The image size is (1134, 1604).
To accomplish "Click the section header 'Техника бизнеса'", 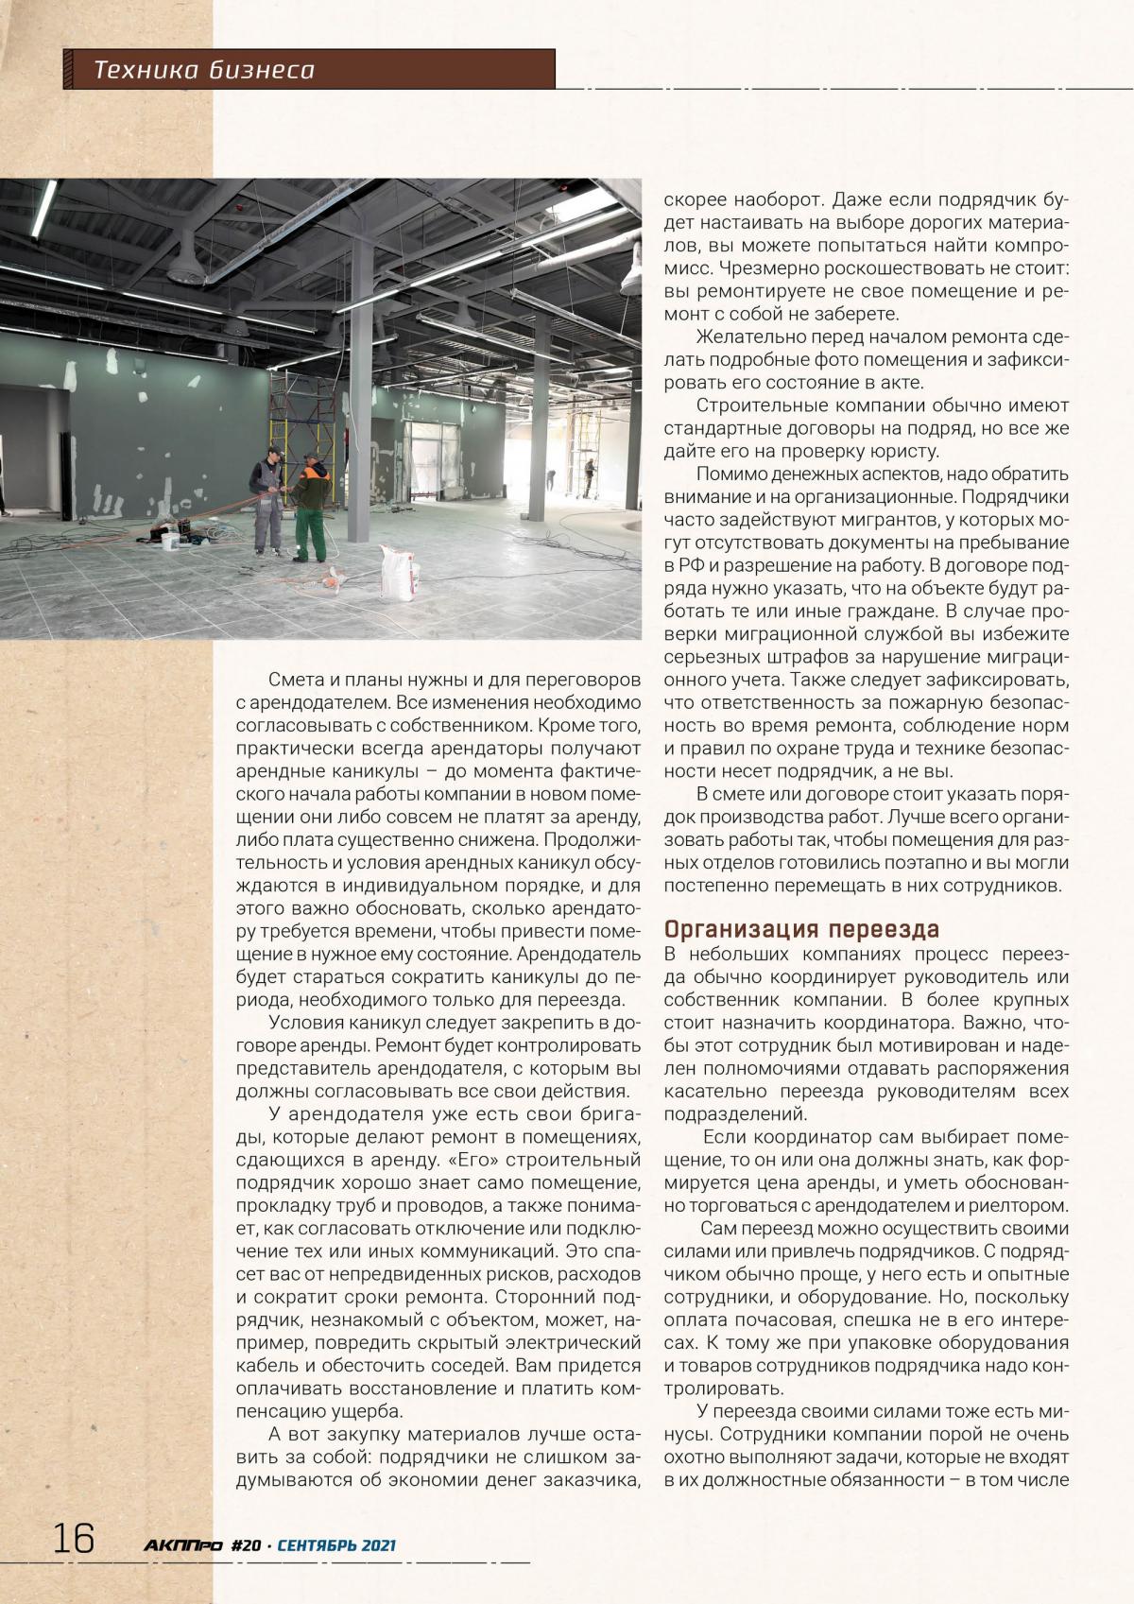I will [x=204, y=70].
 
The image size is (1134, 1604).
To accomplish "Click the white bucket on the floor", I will [x=170, y=541].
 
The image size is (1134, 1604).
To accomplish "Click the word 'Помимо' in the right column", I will [x=730, y=474].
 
